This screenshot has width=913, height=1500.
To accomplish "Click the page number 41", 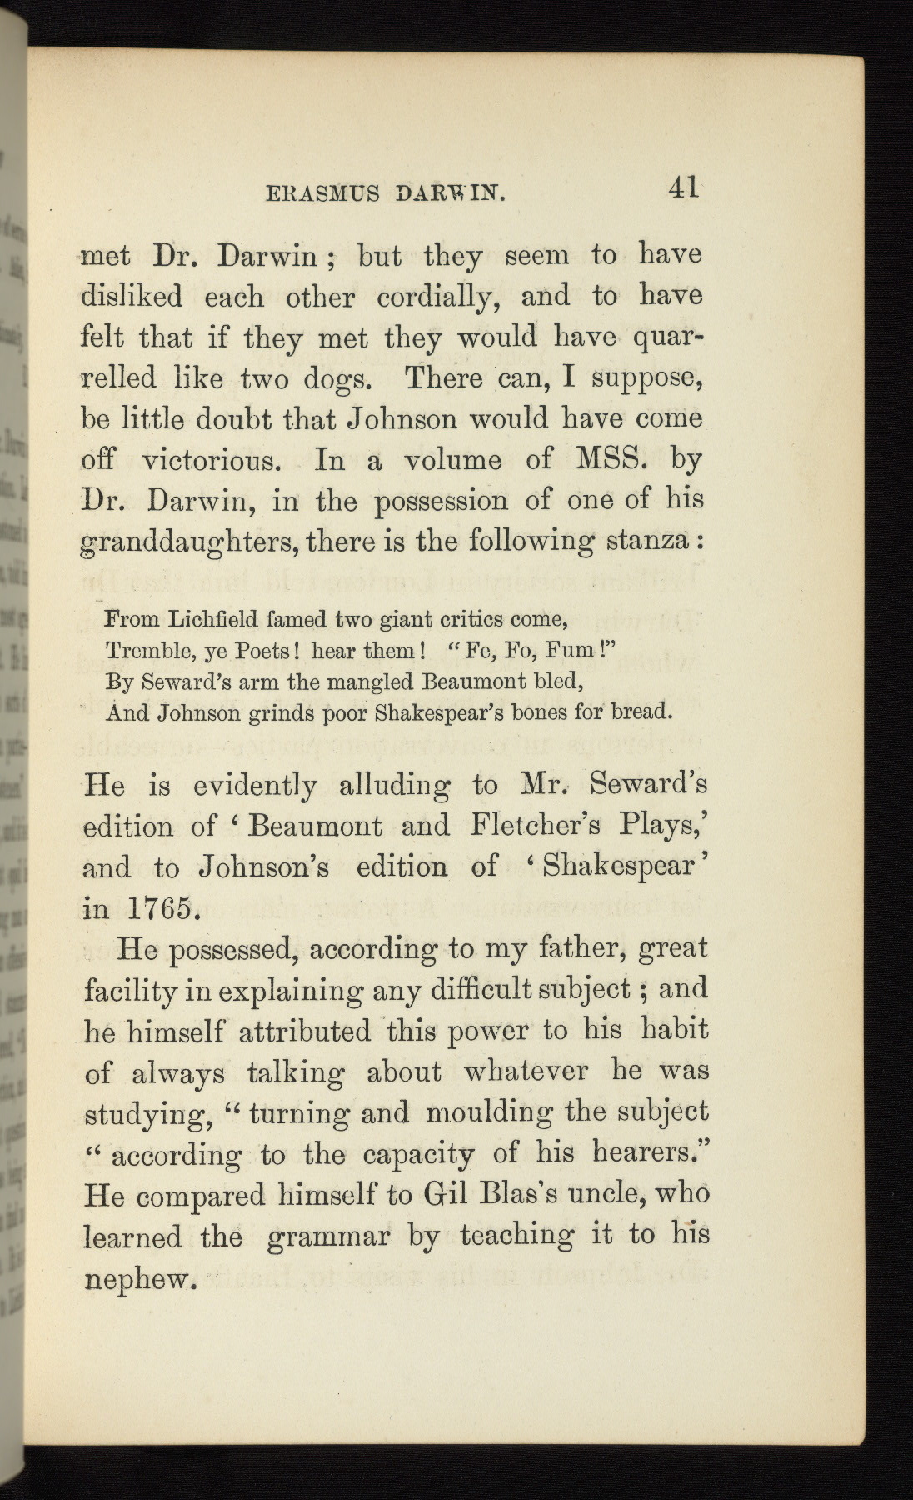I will click(681, 187).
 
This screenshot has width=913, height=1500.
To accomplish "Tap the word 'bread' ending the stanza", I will click(641, 713).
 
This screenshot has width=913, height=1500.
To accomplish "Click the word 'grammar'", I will click(328, 1236).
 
